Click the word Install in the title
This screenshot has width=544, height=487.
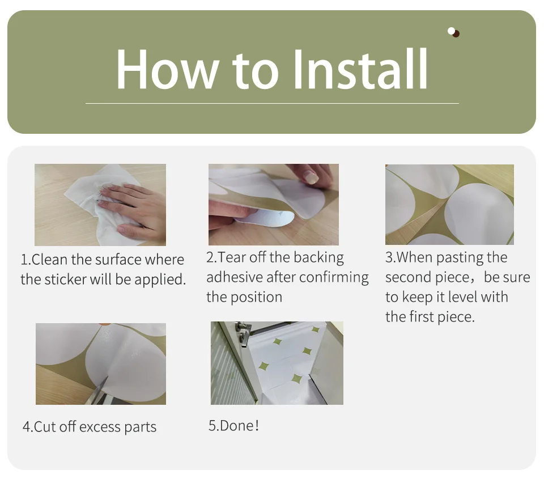pyautogui.click(x=361, y=69)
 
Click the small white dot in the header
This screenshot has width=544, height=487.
pyautogui.click(x=451, y=31)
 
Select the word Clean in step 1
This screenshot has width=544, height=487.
pyautogui.click(x=49, y=260)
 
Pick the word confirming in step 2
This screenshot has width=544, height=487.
pyautogui.click(x=334, y=278)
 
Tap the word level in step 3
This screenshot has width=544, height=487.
pyautogui.click(x=463, y=297)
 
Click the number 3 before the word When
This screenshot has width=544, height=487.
pyautogui.click(x=389, y=257)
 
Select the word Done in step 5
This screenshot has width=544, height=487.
pyautogui.click(x=237, y=426)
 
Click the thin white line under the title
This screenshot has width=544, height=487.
pyautogui.click(x=272, y=103)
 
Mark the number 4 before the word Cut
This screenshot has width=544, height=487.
pyautogui.click(x=27, y=427)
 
